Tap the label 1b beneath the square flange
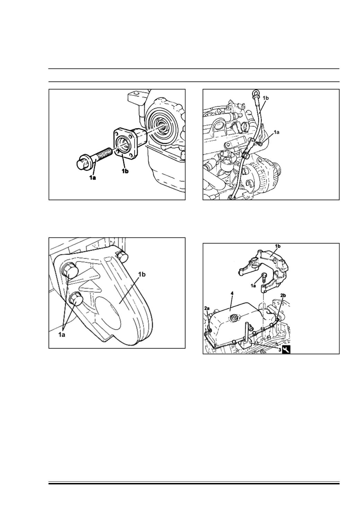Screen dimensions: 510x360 pyautogui.click(x=126, y=171)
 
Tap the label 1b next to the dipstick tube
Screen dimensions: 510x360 pyautogui.click(x=265, y=98)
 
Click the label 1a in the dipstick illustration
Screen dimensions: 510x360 pyautogui.click(x=277, y=132)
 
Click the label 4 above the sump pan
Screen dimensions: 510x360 pyautogui.click(x=232, y=293)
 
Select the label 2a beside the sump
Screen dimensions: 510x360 pyautogui.click(x=207, y=308)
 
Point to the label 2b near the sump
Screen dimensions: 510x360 pyautogui.click(x=283, y=295)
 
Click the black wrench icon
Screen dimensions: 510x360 pyautogui.click(x=286, y=350)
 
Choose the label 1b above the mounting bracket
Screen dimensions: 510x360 pyautogui.click(x=278, y=246)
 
